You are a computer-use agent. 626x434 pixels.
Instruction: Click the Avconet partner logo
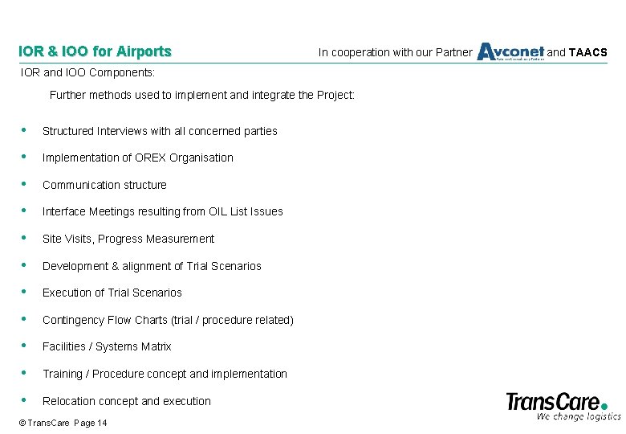click(x=510, y=52)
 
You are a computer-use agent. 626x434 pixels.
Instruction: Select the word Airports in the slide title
click(x=144, y=52)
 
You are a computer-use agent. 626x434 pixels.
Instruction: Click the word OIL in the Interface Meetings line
click(x=216, y=211)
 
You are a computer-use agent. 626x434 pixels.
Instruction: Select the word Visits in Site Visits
click(x=78, y=239)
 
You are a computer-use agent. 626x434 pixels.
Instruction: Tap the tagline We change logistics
click(x=579, y=416)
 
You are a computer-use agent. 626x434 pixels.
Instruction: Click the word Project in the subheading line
click(x=335, y=95)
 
